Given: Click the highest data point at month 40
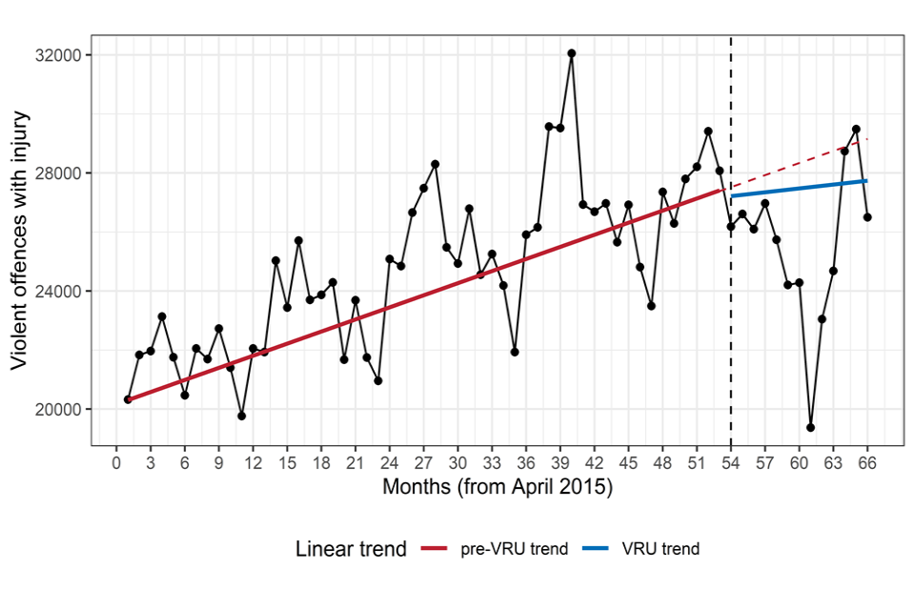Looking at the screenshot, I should [572, 53].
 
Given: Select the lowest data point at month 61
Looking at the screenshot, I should [811, 427].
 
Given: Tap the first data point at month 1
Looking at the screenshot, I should [128, 399].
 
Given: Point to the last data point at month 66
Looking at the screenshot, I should [867, 217].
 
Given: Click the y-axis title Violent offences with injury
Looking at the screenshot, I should [19, 241].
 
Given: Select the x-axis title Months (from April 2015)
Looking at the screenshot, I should [497, 487].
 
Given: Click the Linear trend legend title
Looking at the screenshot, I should [351, 549].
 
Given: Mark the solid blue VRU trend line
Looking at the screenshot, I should [801, 188].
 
